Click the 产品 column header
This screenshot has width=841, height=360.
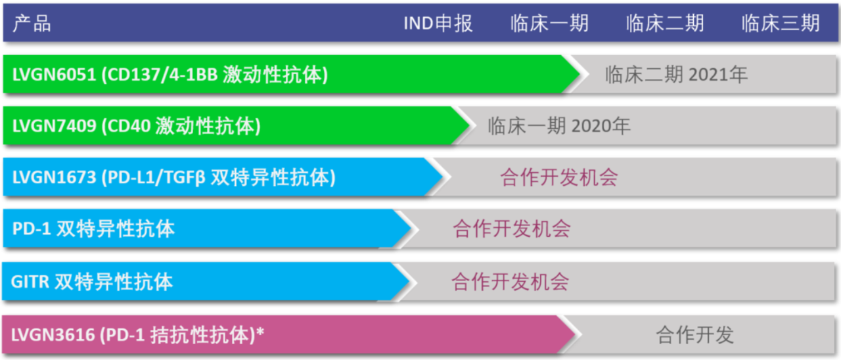point(32,23)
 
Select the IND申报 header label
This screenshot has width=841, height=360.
point(438,23)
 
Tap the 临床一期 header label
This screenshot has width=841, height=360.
point(549,23)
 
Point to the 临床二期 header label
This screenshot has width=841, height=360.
point(665,23)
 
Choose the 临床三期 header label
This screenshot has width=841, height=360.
point(781,23)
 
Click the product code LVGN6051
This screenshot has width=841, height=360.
point(54,74)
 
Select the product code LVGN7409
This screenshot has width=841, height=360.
point(54,125)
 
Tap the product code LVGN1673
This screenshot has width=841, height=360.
point(54,177)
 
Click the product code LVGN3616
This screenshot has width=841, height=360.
point(53,335)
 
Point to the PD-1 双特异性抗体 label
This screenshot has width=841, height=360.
point(93,229)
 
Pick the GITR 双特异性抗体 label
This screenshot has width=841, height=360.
point(92,282)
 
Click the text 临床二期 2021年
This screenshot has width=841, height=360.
point(676,74)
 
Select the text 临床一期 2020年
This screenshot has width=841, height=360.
point(558,125)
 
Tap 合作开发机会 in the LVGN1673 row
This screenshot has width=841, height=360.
point(559,177)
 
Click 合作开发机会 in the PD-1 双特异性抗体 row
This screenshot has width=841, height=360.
point(512,229)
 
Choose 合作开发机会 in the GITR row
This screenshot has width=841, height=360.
point(511,282)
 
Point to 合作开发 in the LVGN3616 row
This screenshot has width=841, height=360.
point(694,335)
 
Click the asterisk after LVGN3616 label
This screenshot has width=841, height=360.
point(260,331)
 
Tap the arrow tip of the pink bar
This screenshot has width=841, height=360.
point(575,334)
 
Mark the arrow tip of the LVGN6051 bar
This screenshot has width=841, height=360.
point(580,74)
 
